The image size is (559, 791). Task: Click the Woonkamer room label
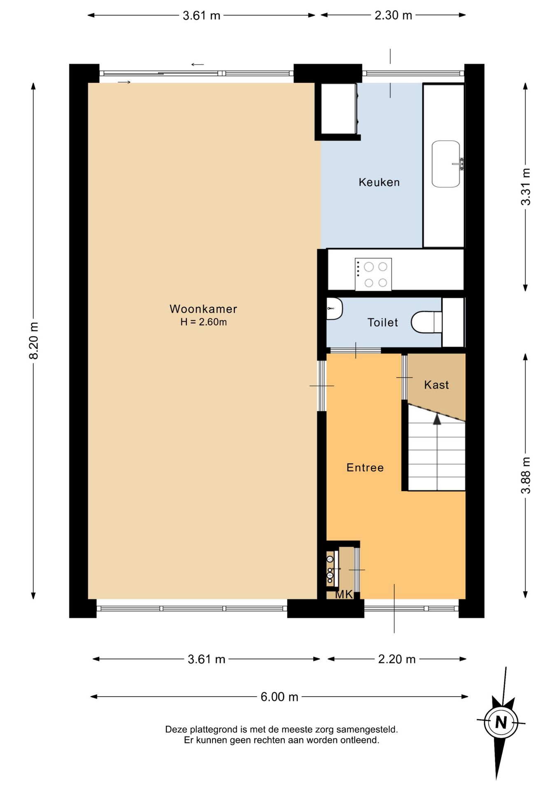click(203, 309)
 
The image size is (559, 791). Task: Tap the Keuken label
click(379, 182)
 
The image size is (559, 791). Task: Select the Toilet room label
click(383, 322)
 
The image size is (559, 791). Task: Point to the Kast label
click(436, 385)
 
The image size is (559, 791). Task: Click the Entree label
click(365, 468)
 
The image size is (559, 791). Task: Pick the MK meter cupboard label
click(344, 594)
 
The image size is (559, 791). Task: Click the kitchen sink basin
click(446, 164)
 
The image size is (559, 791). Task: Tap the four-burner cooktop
click(373, 274)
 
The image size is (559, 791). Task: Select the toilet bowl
click(426, 322)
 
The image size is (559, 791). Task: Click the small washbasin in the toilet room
click(334, 309)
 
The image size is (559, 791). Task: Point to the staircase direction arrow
click(437, 419)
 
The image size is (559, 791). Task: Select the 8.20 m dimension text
click(33, 341)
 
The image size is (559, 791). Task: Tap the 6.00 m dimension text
click(279, 697)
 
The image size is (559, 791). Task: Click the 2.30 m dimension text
click(393, 15)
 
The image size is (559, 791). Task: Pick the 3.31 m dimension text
click(526, 187)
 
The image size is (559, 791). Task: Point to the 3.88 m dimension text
click(526, 475)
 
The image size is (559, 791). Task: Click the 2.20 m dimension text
click(397, 659)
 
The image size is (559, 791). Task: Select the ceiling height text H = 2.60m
click(203, 322)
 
